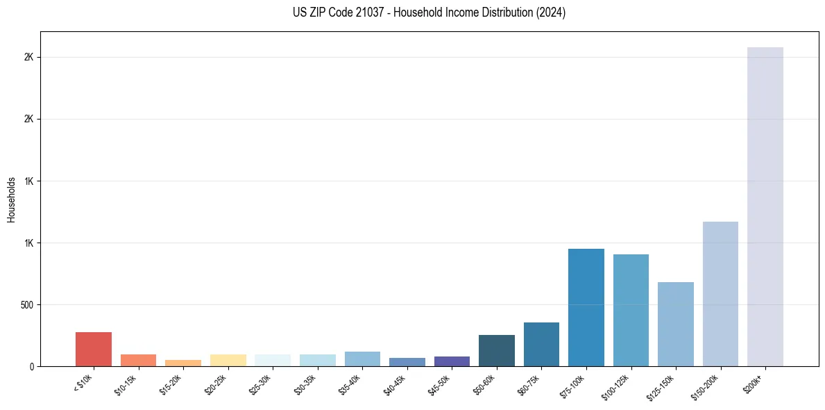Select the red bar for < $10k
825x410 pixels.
tap(94, 349)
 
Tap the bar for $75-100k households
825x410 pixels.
tap(586, 307)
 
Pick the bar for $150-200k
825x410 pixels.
tap(720, 293)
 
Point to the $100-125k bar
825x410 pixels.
tap(631, 310)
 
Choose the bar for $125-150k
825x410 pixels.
tap(675, 324)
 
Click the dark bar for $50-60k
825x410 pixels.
tap(496, 350)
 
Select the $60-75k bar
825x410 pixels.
tap(541, 344)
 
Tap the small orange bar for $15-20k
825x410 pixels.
tap(183, 363)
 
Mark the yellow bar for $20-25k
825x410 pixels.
tap(228, 360)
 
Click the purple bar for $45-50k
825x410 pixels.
tap(452, 361)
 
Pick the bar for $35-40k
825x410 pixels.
tap(362, 359)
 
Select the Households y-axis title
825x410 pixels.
tap(11, 199)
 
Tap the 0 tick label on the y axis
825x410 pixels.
tap(32, 366)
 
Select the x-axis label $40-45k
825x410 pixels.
tap(395, 383)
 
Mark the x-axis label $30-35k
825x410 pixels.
tap(305, 383)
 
